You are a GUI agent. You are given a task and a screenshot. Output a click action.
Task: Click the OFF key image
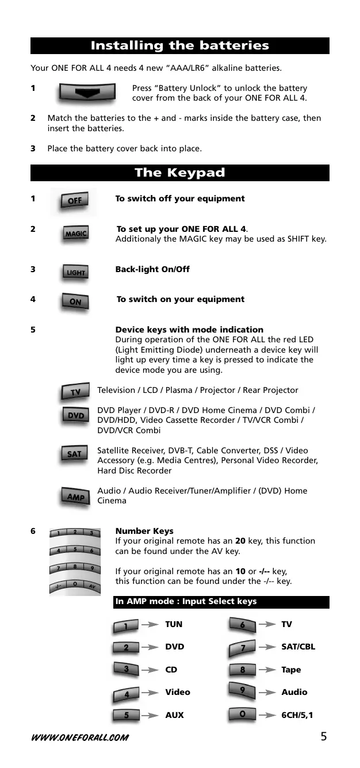[x=75, y=200]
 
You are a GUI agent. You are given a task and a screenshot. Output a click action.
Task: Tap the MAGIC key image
[x=75, y=234]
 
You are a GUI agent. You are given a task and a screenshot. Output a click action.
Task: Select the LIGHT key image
[x=75, y=272]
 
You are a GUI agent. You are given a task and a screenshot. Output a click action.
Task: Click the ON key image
[x=75, y=301]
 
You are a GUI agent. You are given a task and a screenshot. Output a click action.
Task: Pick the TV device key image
[x=75, y=392]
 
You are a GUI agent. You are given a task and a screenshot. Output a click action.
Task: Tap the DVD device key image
[x=75, y=415]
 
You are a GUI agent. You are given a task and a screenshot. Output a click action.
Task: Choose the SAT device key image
[x=74, y=454]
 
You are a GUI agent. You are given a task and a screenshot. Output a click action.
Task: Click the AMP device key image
[x=75, y=496]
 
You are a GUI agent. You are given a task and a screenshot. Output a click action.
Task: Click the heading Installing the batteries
[x=179, y=45]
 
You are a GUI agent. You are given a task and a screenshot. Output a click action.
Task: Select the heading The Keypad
[x=179, y=173]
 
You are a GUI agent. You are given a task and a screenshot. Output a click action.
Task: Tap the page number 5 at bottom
[x=324, y=736]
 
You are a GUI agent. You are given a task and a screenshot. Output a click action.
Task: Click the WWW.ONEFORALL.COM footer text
[x=80, y=737]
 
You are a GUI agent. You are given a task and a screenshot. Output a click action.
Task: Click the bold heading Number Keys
[x=144, y=531]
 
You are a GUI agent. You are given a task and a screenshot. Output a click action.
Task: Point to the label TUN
[x=174, y=624]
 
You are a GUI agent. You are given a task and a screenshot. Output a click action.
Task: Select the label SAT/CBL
[x=298, y=647]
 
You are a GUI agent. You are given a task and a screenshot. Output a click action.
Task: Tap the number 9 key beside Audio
[x=243, y=690]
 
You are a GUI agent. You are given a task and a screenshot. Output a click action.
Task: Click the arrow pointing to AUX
[x=150, y=715]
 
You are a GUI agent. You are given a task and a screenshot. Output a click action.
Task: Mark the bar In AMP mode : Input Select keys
[x=221, y=602]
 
